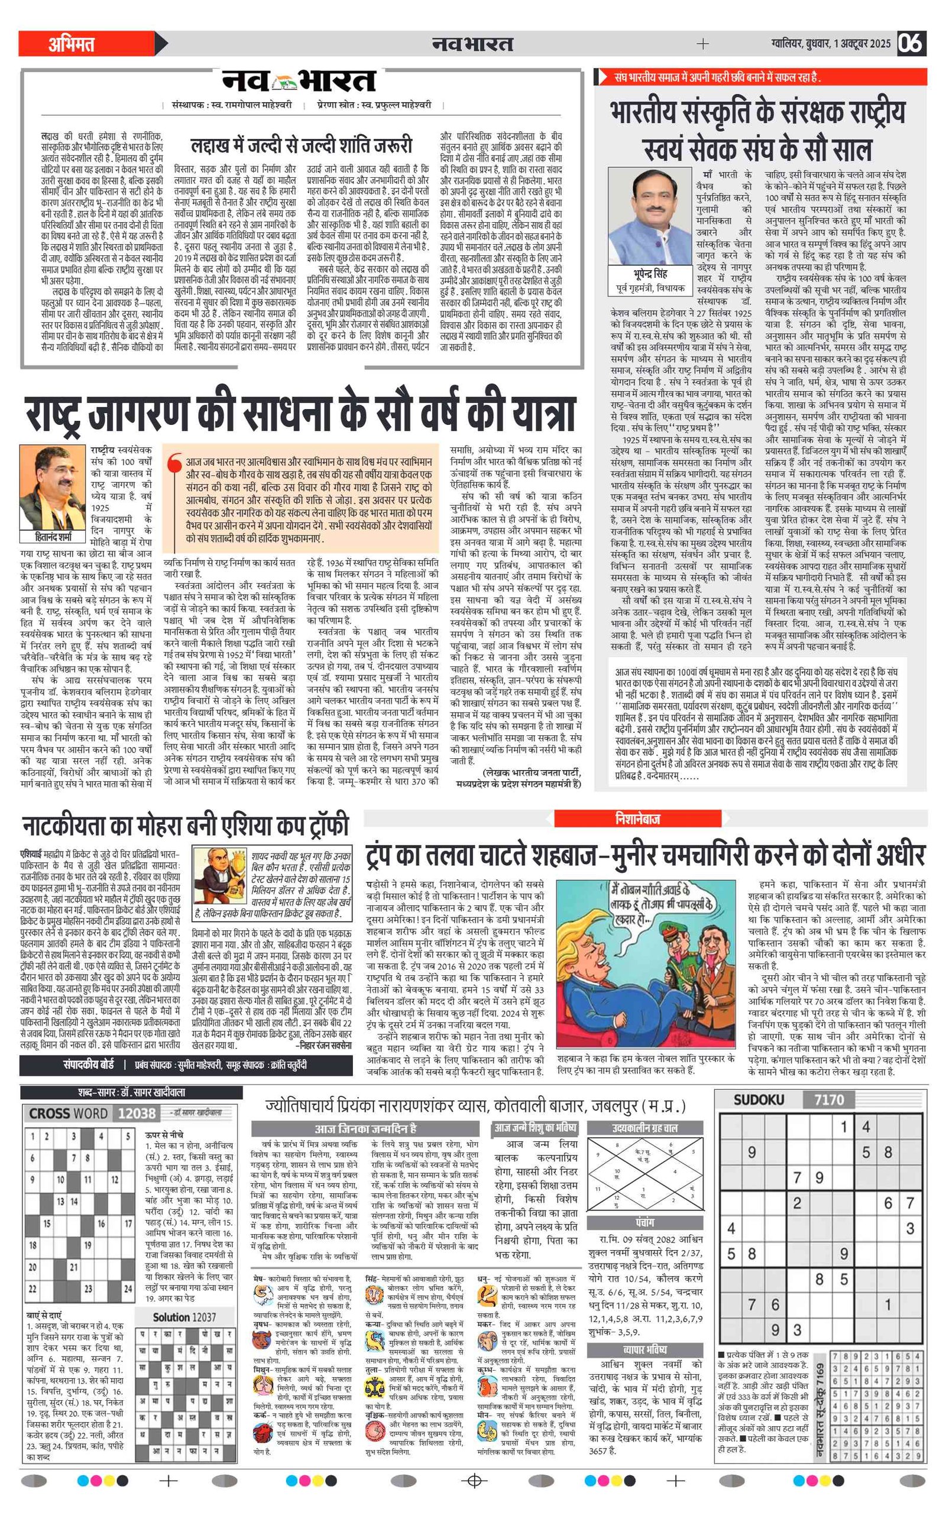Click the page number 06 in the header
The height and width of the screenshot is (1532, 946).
click(x=911, y=43)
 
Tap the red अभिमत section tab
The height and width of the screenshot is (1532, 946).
click(x=72, y=44)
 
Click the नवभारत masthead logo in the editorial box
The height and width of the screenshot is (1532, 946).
click(x=299, y=82)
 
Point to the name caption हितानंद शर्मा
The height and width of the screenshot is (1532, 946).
click(x=54, y=536)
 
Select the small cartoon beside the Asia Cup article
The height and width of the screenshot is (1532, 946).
click(x=219, y=881)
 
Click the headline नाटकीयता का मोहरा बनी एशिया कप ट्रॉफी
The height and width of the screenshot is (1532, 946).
click(x=184, y=826)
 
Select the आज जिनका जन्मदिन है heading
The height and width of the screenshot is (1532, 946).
click(x=365, y=1129)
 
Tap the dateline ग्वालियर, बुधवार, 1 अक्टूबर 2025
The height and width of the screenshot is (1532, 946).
click(x=830, y=44)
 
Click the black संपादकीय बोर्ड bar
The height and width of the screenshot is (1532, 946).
click(x=185, y=1065)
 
